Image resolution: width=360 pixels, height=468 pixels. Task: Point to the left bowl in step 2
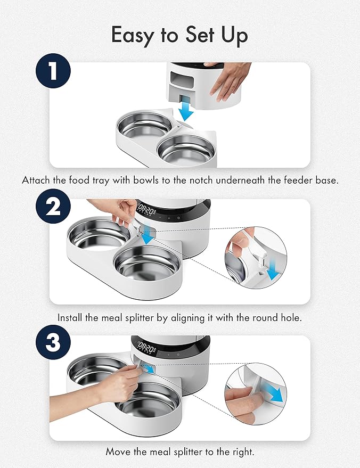(x=99, y=231)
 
